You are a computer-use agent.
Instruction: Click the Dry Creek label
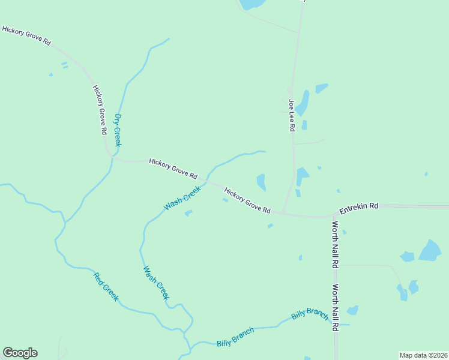118,130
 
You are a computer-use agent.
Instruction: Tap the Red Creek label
106,287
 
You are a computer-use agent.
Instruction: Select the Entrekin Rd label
358,207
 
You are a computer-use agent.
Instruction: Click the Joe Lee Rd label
292,115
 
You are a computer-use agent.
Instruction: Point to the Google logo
20,353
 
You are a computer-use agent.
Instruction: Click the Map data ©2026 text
423,355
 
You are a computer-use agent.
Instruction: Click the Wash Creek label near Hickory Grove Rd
182,199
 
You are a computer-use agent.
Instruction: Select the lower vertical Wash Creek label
156,283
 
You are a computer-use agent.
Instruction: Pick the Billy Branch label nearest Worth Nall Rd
310,314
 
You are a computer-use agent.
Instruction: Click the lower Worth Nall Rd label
336,307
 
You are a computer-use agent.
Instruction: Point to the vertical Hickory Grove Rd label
100,109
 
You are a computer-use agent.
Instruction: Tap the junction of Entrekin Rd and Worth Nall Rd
334,214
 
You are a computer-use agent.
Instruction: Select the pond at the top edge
252,4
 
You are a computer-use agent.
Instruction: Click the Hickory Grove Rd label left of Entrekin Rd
247,201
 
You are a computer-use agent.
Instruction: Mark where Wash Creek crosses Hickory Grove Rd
207,180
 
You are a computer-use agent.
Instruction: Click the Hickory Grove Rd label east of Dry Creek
173,169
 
